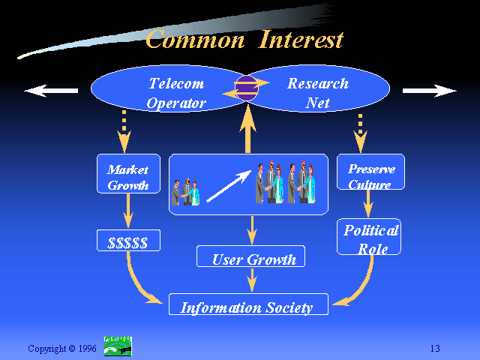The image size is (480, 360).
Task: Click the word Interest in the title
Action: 301,40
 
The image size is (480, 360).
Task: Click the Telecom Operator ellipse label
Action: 176,93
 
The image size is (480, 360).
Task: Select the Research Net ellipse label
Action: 318,93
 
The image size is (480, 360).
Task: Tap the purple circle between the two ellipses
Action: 247,88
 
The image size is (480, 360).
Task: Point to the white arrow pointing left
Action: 51,91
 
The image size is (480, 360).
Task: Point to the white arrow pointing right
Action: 429,91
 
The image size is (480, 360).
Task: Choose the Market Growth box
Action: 128,173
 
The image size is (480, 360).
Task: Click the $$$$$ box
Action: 128,240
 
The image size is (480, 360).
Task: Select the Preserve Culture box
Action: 370,172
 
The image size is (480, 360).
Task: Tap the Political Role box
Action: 369,237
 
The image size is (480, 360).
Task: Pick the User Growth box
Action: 250,256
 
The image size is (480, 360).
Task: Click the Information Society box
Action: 248,304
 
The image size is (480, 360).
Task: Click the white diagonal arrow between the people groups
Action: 229,187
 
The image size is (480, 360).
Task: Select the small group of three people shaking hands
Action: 185,192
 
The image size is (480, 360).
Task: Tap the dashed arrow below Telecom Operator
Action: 124,132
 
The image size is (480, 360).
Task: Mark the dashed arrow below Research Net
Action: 360,133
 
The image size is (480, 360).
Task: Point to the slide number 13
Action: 435,348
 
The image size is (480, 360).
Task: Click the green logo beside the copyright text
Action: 118,346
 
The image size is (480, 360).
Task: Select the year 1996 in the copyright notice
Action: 88,348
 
